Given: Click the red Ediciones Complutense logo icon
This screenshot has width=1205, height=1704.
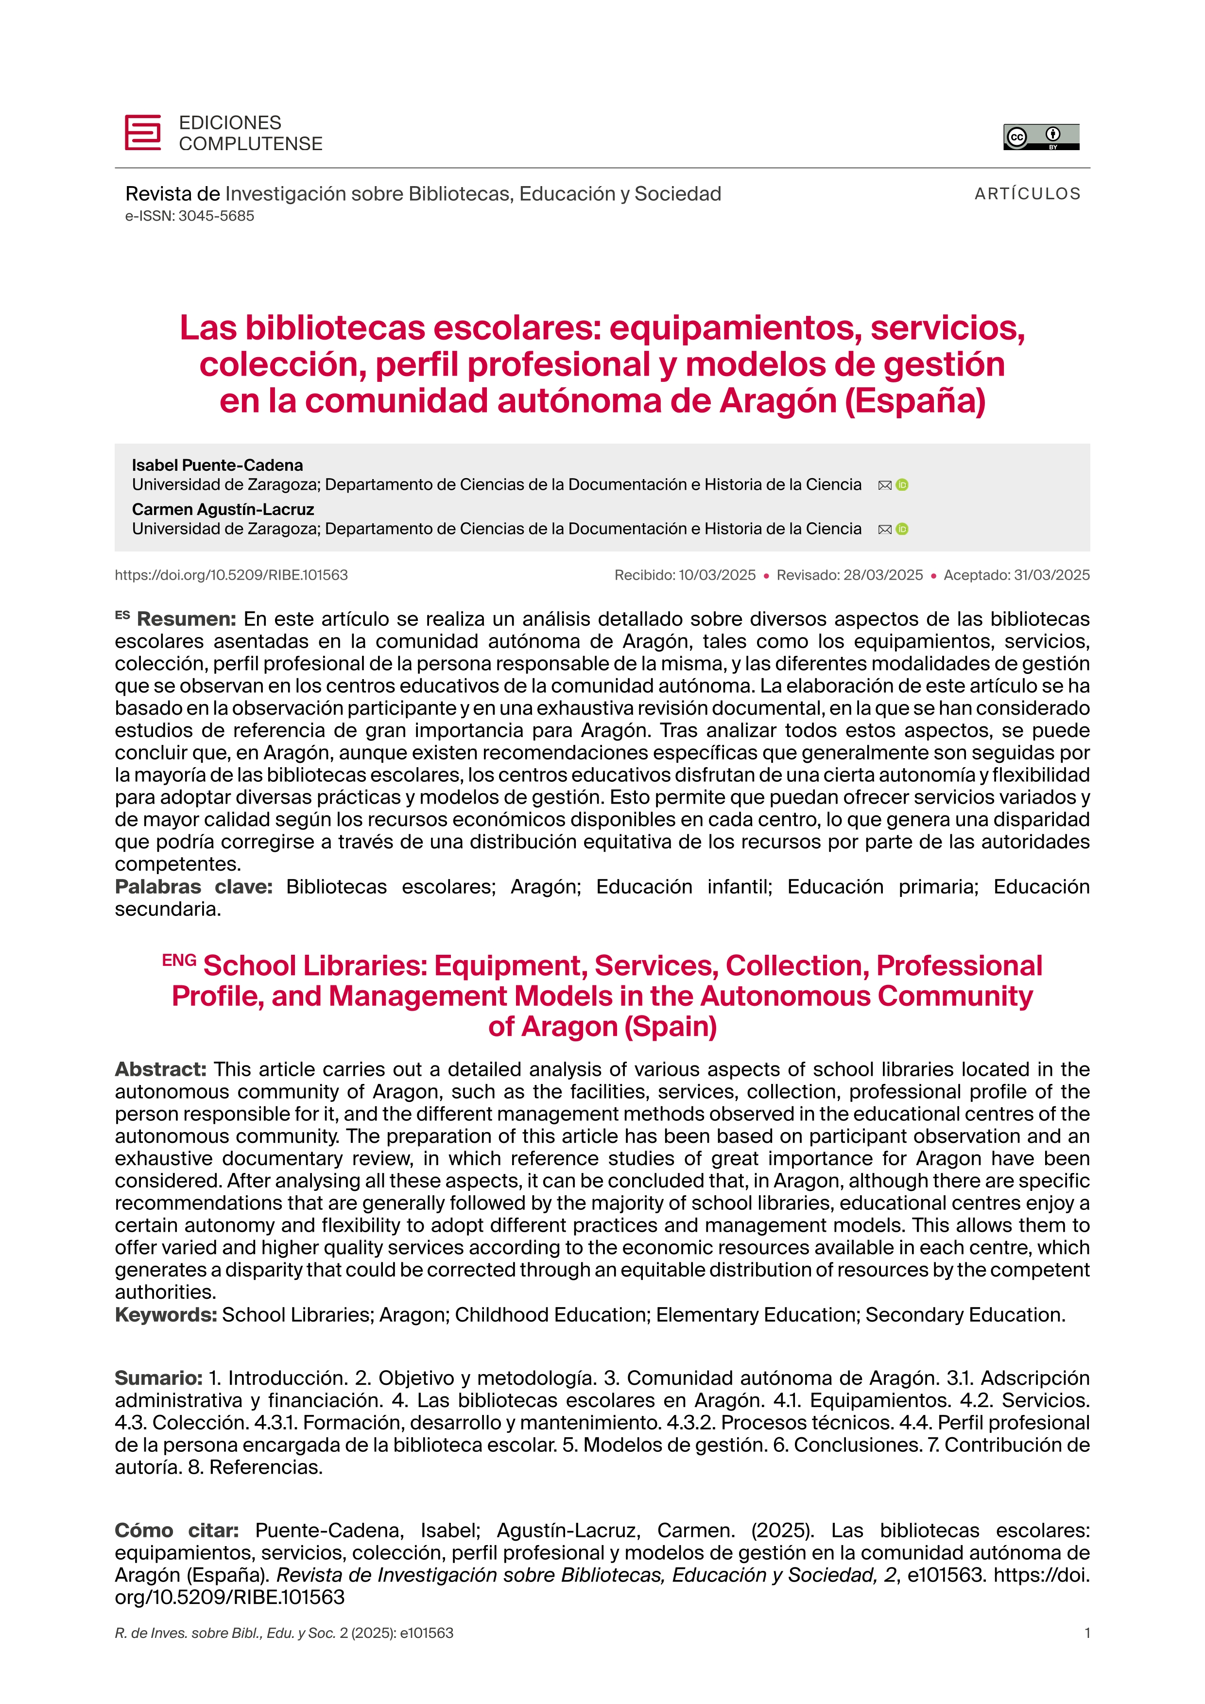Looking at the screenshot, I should pyautogui.click(x=142, y=133).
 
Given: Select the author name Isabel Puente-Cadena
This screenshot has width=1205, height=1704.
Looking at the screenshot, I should pyautogui.click(x=217, y=465).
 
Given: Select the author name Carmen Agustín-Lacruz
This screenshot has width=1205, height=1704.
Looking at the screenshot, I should pyautogui.click(x=223, y=510).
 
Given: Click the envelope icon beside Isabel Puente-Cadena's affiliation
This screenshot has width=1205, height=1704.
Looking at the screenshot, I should pyautogui.click(x=884, y=485).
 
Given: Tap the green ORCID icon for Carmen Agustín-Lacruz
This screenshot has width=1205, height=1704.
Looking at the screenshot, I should pyautogui.click(x=902, y=529).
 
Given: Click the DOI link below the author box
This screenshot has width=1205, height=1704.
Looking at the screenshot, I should pyautogui.click(x=231, y=575).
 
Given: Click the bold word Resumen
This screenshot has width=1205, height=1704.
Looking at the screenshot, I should pyautogui.click(x=186, y=619).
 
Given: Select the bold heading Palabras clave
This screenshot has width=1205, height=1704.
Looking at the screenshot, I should pyautogui.click(x=194, y=887).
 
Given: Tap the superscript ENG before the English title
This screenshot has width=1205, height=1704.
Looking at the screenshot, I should pyautogui.click(x=179, y=961).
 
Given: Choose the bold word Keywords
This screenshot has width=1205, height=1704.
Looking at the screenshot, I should pyautogui.click(x=166, y=1315).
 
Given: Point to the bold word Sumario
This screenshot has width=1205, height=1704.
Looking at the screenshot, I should pyautogui.click(x=158, y=1378).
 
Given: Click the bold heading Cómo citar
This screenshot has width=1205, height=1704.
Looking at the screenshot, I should pyautogui.click(x=176, y=1531).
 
